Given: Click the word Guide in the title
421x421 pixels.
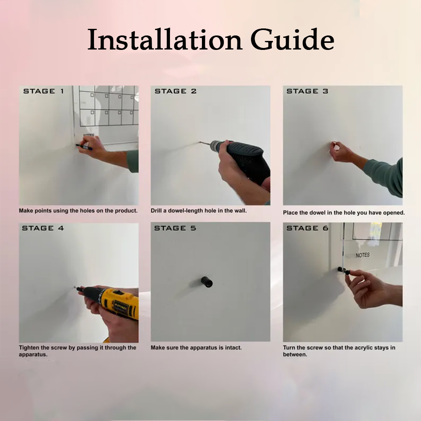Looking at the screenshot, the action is [292, 40].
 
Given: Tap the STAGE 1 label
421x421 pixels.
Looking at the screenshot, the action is [44, 91].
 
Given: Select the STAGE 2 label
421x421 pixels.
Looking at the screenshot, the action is [175, 91].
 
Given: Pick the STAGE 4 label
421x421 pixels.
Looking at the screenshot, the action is [43, 228].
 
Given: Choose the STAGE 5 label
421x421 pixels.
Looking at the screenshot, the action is [175, 228].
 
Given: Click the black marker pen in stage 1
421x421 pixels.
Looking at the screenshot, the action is [84, 147].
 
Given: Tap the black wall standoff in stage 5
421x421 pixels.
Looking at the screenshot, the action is [207, 282].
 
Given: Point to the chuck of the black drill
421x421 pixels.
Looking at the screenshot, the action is [216, 145].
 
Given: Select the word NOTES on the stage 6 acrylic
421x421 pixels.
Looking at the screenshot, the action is [363, 255].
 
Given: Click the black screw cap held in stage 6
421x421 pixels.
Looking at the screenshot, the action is [347, 272].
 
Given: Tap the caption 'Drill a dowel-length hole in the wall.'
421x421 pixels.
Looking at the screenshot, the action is [199, 211].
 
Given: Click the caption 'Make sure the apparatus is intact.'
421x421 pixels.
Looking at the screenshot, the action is [196, 348].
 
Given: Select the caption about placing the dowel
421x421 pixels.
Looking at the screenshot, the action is [344, 213].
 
